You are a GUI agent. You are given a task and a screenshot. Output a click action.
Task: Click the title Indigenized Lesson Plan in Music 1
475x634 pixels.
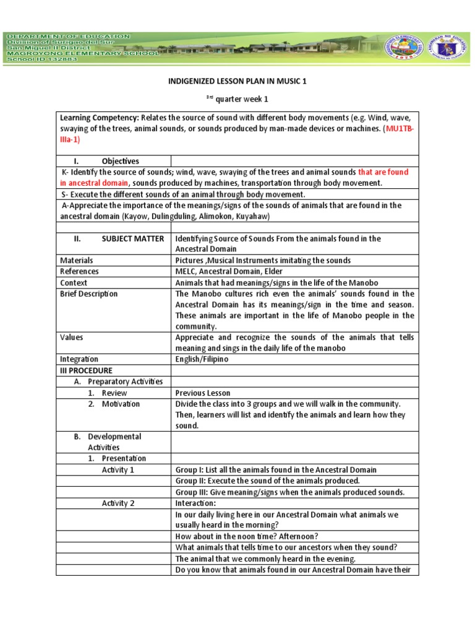237,81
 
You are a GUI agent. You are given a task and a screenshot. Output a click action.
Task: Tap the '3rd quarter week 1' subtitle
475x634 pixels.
237,98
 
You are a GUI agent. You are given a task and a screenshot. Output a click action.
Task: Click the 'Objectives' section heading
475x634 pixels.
120,161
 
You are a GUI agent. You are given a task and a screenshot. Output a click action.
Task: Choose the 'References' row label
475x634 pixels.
79,271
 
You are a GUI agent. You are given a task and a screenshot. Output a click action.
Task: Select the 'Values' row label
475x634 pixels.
72,337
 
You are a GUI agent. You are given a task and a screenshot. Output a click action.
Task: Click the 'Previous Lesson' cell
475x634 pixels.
202,393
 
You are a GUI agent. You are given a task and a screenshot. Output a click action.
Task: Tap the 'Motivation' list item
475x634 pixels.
121,404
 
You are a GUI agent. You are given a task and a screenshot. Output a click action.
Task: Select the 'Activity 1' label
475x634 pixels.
118,470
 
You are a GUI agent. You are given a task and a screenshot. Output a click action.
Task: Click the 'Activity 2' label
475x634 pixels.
118,503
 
